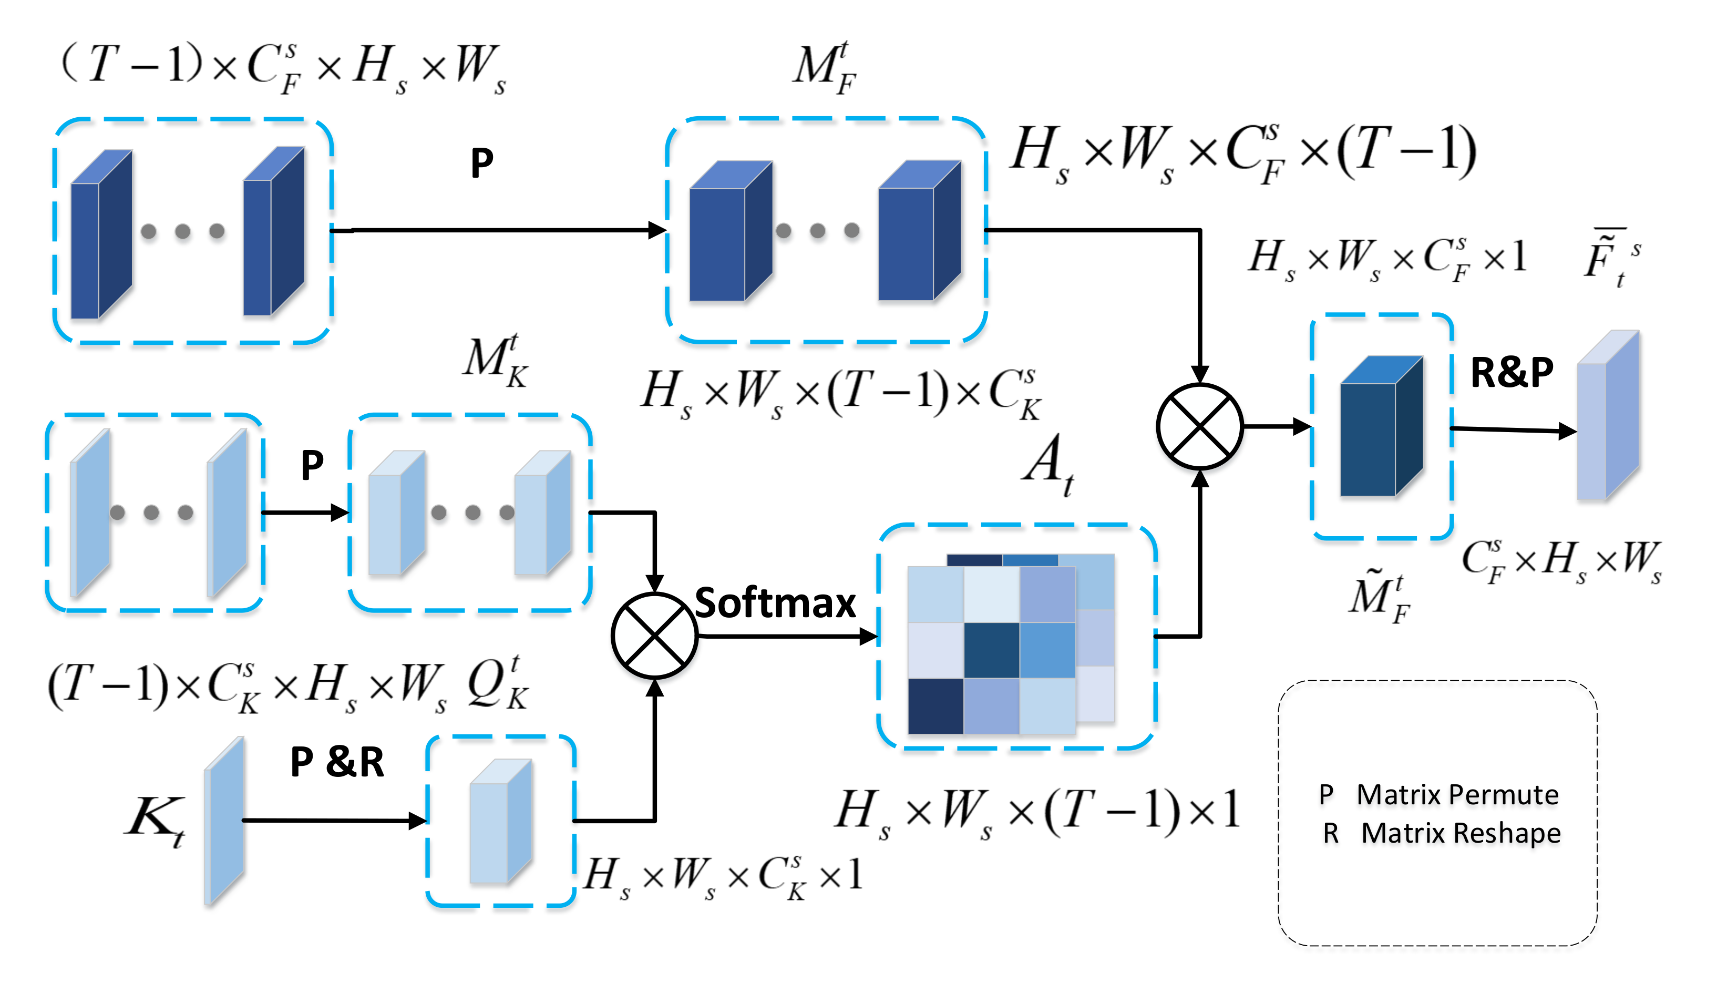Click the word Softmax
tap(775, 603)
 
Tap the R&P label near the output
tap(1512, 372)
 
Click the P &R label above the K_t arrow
tap(337, 762)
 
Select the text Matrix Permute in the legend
tap(1457, 795)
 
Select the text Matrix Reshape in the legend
tap(1461, 833)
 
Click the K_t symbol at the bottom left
tap(155, 820)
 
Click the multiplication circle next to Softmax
tap(654, 636)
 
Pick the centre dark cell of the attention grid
tap(991, 650)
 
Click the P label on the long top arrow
tap(482, 163)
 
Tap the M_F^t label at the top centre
tap(825, 67)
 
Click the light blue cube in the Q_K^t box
tap(500, 822)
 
